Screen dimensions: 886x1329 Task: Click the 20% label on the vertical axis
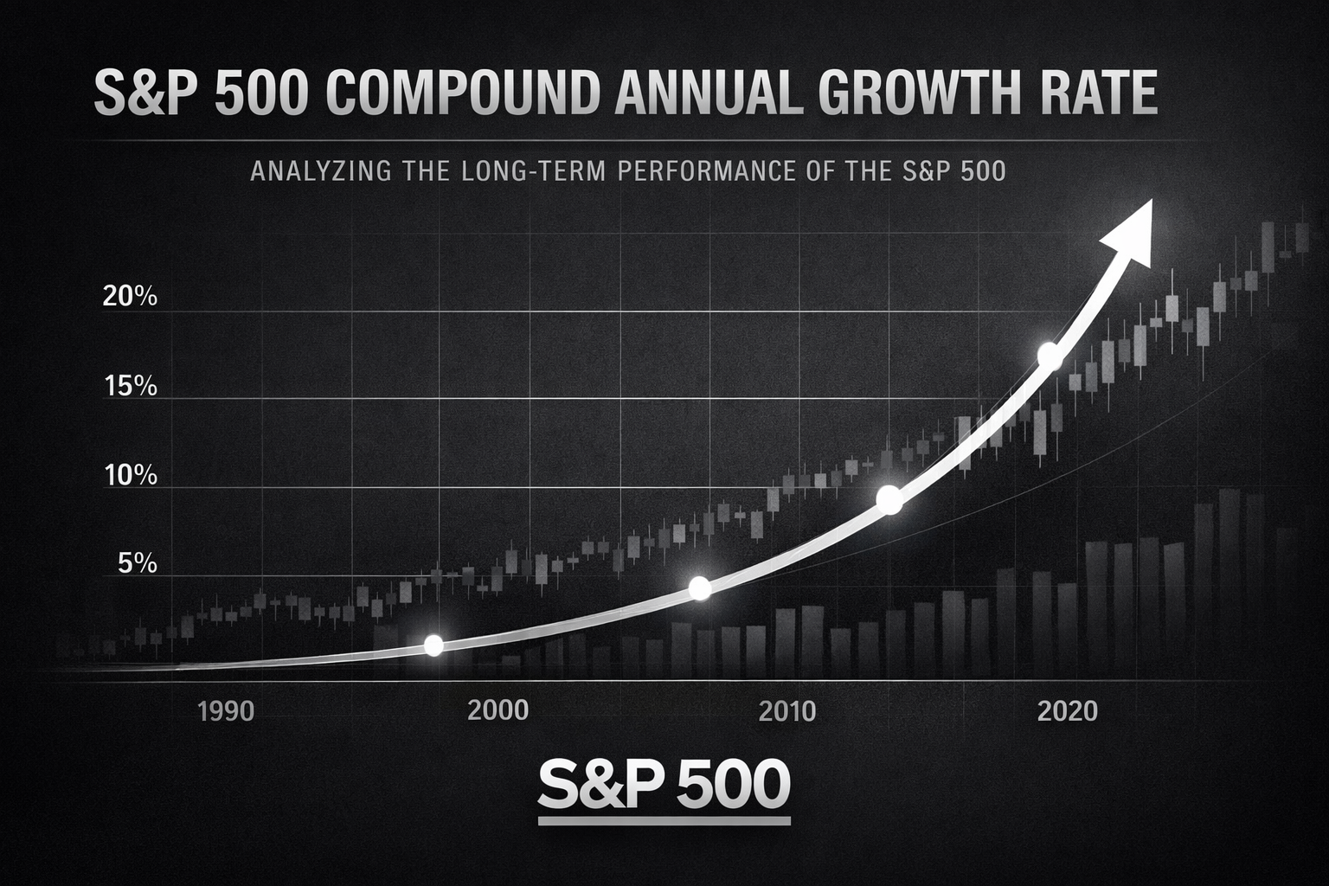click(x=130, y=297)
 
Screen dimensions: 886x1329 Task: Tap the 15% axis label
click(x=130, y=386)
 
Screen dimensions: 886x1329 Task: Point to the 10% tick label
click(x=130, y=475)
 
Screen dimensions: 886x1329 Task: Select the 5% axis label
click(x=137, y=564)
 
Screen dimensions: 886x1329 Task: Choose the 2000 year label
click(x=498, y=710)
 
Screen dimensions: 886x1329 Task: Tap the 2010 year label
click(x=786, y=711)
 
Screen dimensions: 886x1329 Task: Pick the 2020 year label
click(x=1067, y=711)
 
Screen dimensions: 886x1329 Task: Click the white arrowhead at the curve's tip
click(x=1128, y=230)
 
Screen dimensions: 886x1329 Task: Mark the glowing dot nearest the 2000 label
click(x=434, y=645)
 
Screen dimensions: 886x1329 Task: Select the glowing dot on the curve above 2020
click(x=1049, y=355)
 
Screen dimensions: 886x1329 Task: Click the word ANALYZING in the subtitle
click(x=320, y=171)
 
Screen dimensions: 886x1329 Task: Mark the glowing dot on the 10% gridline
click(x=889, y=499)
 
